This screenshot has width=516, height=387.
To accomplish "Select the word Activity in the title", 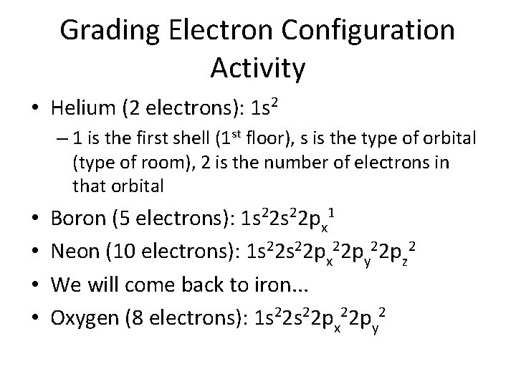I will tap(258, 68).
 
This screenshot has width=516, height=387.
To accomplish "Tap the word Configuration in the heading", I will tap(372, 31).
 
